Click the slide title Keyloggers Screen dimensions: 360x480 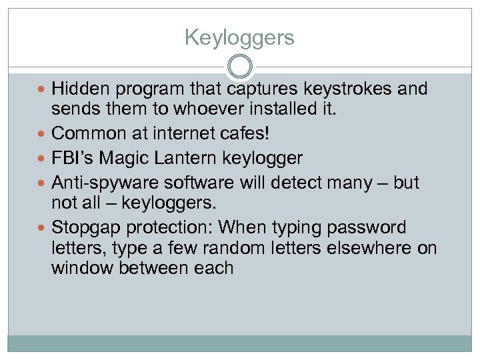pyautogui.click(x=239, y=37)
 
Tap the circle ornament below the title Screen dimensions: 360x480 pyautogui.click(x=240, y=67)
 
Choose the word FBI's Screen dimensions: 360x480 pyautogui.click(x=71, y=158)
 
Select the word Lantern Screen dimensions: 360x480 pyautogui.click(x=182, y=158)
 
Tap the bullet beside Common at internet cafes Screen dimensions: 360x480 pyautogui.click(x=43, y=134)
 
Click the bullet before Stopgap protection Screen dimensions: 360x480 pyautogui.click(x=43, y=228)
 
